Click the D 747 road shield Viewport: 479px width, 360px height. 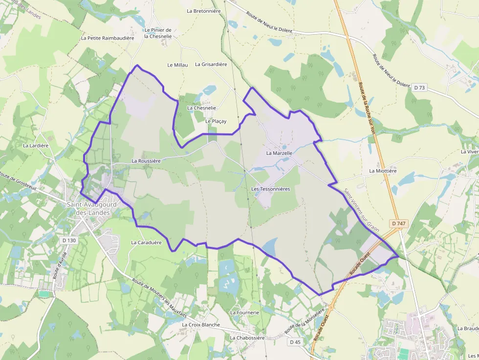[399, 223]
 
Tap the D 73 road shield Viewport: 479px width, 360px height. [419, 87]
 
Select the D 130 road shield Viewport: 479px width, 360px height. [70, 240]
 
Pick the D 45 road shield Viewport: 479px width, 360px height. [295, 342]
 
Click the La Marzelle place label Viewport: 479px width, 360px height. [279, 153]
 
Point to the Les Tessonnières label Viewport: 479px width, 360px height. [270, 189]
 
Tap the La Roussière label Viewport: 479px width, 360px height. [146, 160]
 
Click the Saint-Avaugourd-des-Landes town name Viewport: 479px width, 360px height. [93, 209]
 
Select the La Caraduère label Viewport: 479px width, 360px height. [146, 242]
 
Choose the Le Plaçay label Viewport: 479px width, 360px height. [216, 121]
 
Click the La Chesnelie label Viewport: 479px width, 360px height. [201, 108]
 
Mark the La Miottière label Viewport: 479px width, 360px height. [383, 171]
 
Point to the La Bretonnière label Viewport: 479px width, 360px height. [204, 11]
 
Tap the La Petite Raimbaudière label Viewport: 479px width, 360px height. [108, 38]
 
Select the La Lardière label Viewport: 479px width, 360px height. [36, 145]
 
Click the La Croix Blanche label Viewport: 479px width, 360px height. [201, 324]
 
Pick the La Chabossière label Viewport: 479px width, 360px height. [247, 338]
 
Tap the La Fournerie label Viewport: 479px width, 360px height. [244, 312]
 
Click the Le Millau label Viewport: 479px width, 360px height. [177, 64]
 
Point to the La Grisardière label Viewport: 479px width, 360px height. [211, 64]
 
